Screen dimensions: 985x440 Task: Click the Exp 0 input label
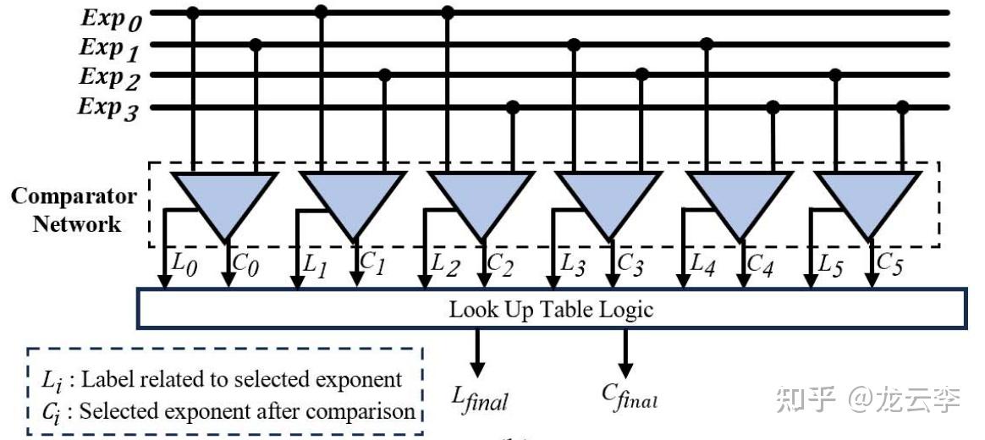(111, 19)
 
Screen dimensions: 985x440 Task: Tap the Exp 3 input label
(107, 109)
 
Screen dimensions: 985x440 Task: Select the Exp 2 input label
(109, 78)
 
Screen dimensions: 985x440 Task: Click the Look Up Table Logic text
(551, 309)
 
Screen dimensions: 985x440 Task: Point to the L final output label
(480, 397)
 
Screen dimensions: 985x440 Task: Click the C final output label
(630, 395)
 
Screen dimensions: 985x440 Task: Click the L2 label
(445, 265)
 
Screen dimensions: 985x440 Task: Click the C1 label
(371, 264)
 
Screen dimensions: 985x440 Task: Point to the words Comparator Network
(74, 210)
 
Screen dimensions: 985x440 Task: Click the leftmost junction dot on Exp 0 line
(193, 13)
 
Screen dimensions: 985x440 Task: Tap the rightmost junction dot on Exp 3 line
(902, 107)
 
